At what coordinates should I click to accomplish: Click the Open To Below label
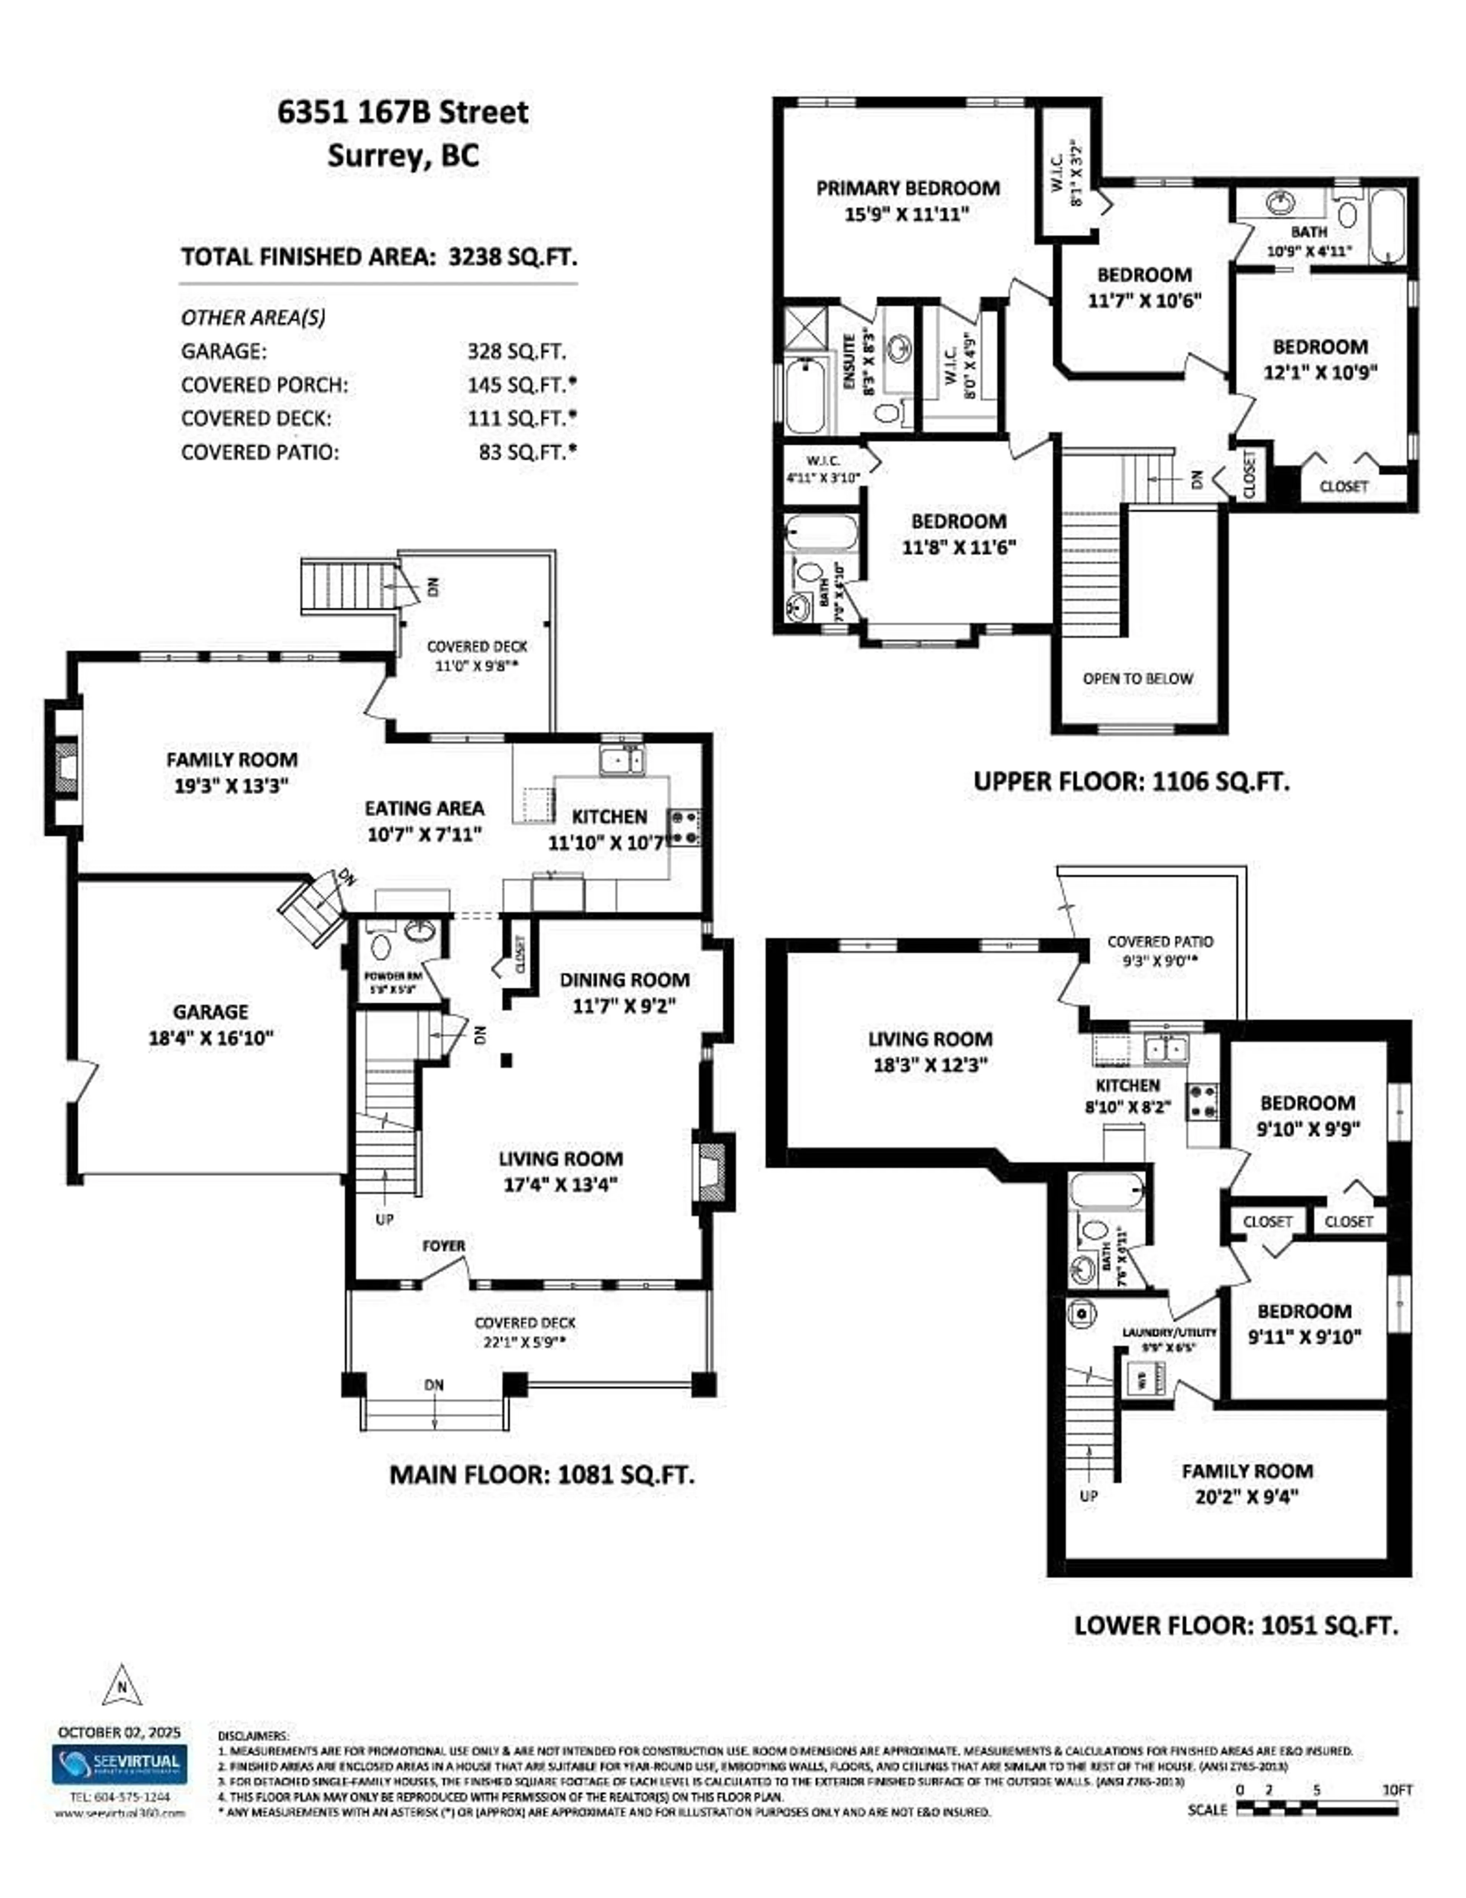(1138, 679)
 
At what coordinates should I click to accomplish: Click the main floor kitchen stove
(683, 827)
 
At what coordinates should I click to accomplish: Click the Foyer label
(443, 1245)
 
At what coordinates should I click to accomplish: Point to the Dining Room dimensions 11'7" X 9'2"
(624, 1005)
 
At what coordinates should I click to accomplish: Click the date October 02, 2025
(119, 1732)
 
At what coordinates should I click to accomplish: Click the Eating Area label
(424, 808)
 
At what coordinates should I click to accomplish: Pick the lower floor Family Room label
(1246, 1471)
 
